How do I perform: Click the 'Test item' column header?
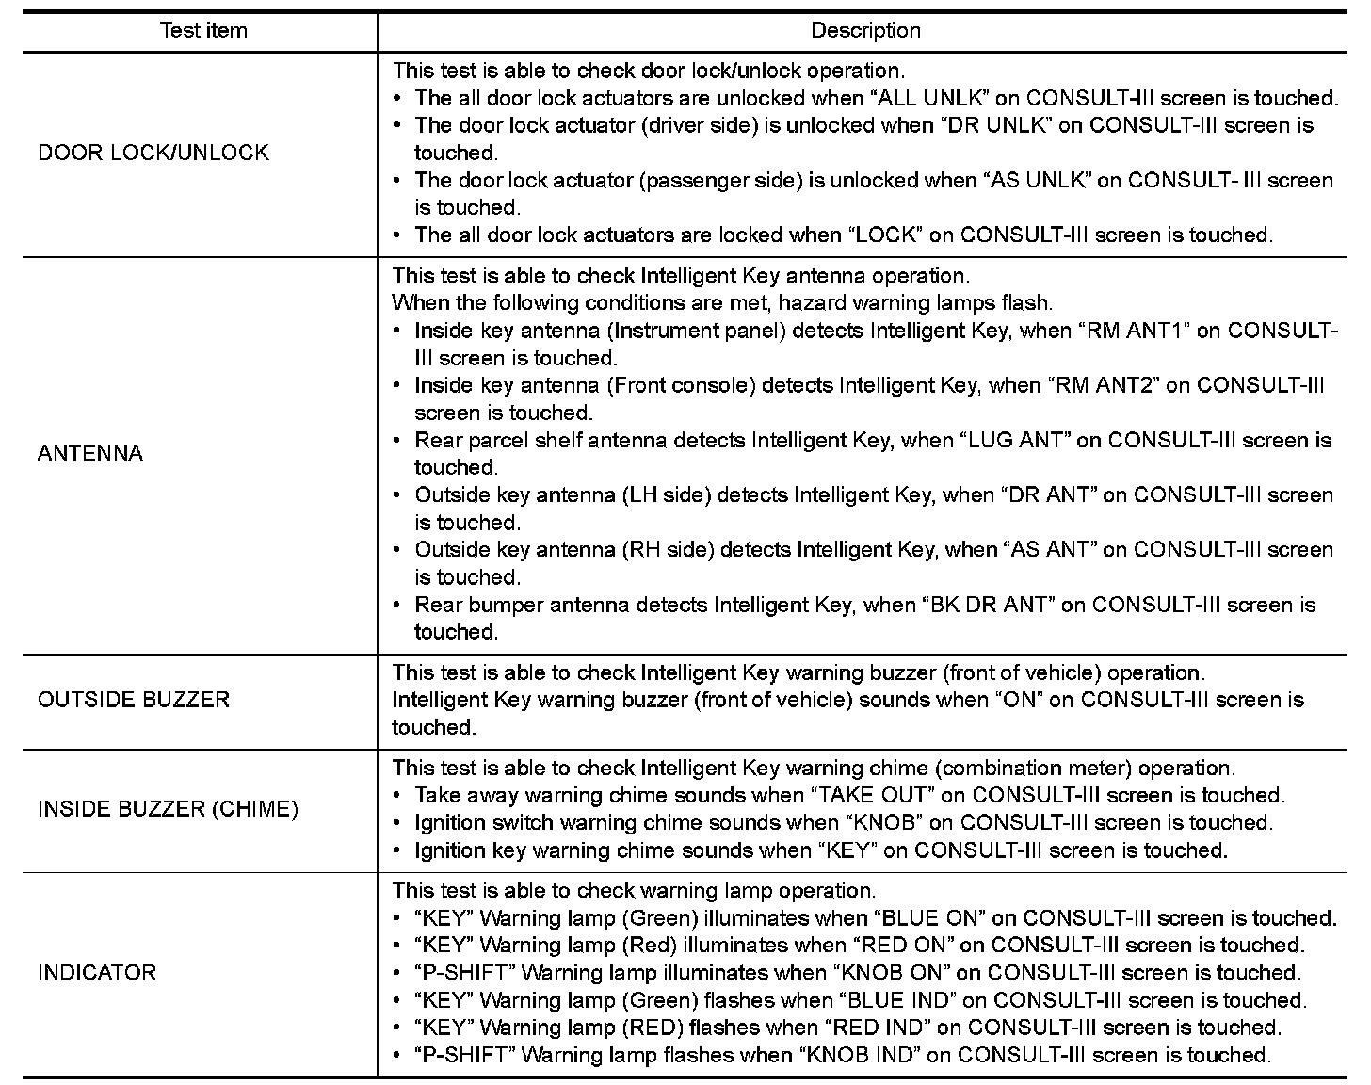click(203, 30)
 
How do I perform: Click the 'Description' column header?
click(865, 30)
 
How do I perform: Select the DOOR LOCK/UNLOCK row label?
click(153, 153)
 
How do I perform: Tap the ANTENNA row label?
click(90, 453)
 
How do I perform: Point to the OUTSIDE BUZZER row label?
click(134, 700)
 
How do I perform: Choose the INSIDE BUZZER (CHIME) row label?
click(168, 809)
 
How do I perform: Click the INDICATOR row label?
click(97, 973)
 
